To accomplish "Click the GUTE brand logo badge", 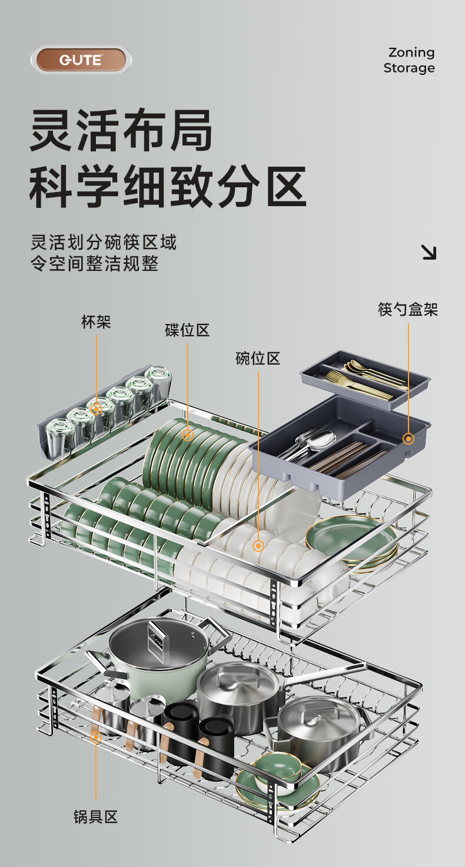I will point(81,60).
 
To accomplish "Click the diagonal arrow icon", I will point(429,252).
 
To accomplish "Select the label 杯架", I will point(96,322).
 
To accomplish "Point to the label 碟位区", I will point(187,330).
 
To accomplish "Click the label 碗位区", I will point(258,358).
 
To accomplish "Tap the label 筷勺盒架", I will point(408,310).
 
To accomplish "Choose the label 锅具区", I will point(96,817).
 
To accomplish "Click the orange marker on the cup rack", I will point(96,408).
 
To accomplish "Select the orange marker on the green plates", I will point(188,435).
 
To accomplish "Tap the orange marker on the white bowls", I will point(258,546).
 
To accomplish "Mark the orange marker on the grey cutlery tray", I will point(408,438).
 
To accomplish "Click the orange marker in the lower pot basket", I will point(96,736).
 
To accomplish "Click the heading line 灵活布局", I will point(121,130).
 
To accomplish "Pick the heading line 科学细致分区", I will point(168,187).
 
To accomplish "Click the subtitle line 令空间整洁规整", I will point(95,263).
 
